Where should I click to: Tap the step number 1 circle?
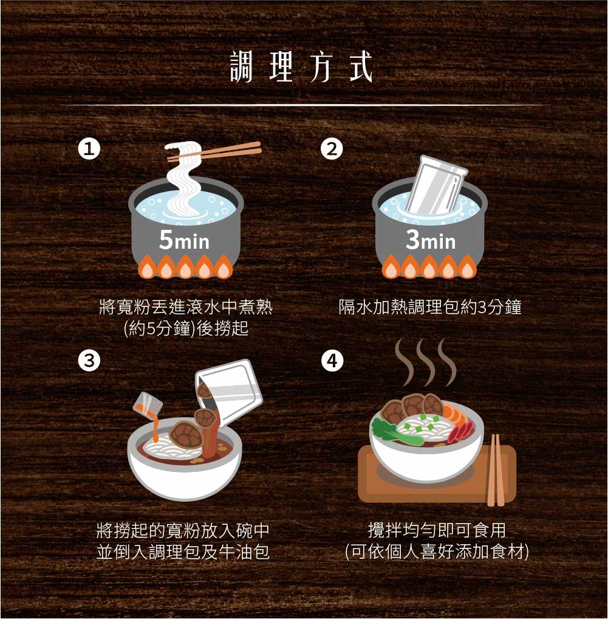point(89,149)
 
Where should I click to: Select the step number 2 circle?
point(332,149)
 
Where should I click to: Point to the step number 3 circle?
point(89,361)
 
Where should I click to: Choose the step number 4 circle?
point(332,361)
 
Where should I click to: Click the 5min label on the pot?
point(184,240)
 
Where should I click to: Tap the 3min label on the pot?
point(431,240)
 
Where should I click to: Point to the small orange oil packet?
point(148,404)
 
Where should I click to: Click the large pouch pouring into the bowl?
point(229,391)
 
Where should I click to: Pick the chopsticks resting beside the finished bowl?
point(496,470)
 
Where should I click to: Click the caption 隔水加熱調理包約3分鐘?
point(430,307)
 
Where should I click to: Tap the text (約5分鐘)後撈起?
point(186,328)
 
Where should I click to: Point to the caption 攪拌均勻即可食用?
point(437,530)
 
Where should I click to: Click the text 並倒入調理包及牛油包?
point(183,552)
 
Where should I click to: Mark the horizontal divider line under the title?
point(304,105)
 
